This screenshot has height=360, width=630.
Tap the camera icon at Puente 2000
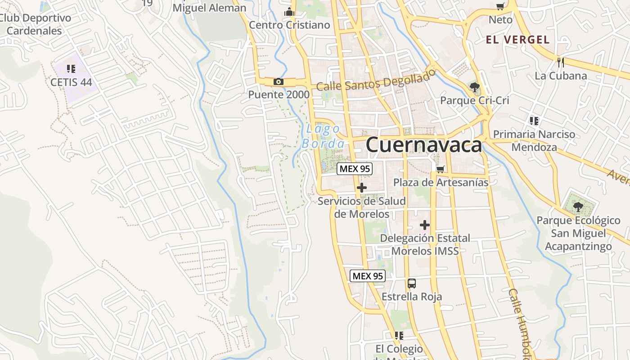pyautogui.click(x=279, y=81)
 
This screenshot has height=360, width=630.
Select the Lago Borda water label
pyautogui.click(x=324, y=136)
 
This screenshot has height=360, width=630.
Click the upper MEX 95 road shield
pyautogui.click(x=355, y=169)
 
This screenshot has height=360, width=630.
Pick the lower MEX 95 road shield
pyautogui.click(x=368, y=276)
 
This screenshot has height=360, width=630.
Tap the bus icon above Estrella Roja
pyautogui.click(x=412, y=283)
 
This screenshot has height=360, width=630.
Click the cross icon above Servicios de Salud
pyautogui.click(x=362, y=188)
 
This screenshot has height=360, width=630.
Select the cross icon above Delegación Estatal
pyautogui.click(x=424, y=225)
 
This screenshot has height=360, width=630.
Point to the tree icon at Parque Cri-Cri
pyautogui.click(x=474, y=87)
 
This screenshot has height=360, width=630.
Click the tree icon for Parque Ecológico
pyautogui.click(x=578, y=207)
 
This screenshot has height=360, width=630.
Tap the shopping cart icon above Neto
pyautogui.click(x=500, y=6)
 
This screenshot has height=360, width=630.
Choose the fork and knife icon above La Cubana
pyautogui.click(x=560, y=62)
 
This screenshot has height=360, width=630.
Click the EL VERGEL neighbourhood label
pyautogui.click(x=517, y=40)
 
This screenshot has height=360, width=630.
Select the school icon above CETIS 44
pyautogui.click(x=71, y=68)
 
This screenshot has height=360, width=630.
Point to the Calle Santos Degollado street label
pyautogui.click(x=376, y=80)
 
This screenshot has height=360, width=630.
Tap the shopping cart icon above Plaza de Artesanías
pyautogui.click(x=441, y=169)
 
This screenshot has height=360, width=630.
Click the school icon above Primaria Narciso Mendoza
pyautogui.click(x=534, y=121)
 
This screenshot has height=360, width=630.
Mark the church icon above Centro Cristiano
pyautogui.click(x=289, y=12)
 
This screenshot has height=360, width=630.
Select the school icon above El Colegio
pyautogui.click(x=399, y=336)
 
